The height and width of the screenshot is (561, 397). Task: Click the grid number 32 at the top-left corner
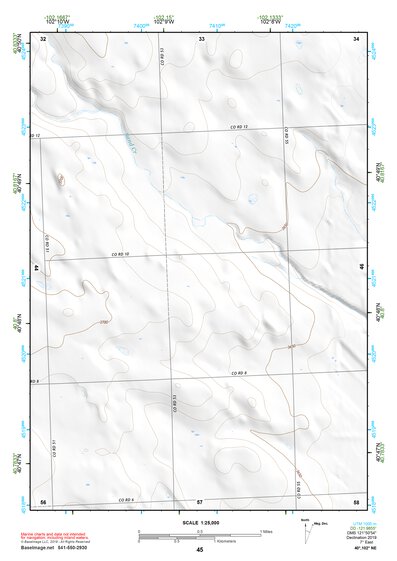(x=43, y=39)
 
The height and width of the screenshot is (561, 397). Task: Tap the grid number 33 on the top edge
(x=201, y=39)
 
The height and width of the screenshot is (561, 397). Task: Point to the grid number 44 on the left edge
(x=37, y=269)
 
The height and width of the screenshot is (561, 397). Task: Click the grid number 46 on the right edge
(x=361, y=267)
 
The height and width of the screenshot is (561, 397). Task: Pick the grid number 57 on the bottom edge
(x=200, y=500)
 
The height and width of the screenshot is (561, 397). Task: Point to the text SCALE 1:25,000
(x=199, y=522)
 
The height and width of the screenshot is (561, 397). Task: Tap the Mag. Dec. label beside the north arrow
(x=321, y=526)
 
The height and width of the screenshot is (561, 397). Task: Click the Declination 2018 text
(x=355, y=538)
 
